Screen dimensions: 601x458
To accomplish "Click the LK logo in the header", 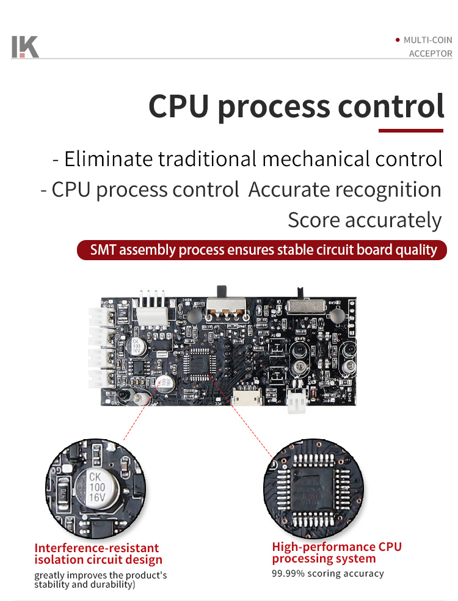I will click(x=25, y=47).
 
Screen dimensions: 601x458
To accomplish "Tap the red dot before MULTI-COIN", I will click(x=398, y=40).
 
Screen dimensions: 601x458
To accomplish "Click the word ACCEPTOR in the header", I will click(x=431, y=54).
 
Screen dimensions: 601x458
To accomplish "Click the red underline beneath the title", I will click(x=410, y=130).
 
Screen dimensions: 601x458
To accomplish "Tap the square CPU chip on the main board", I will click(x=200, y=363).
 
